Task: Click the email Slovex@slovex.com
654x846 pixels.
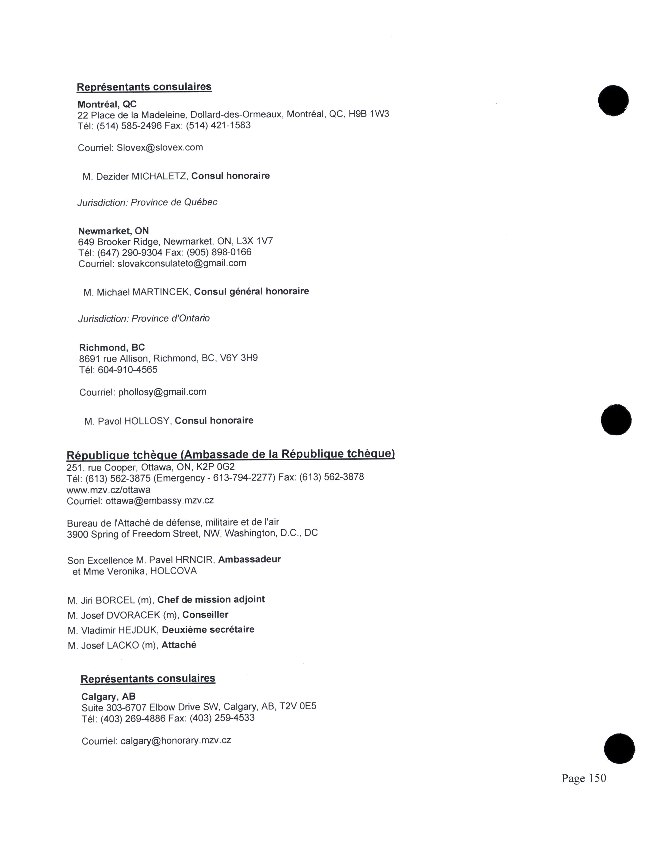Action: coord(160,148)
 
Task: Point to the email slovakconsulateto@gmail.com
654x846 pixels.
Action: coord(182,263)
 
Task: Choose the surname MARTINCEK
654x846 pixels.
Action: coord(161,292)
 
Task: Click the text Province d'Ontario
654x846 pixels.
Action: coord(171,318)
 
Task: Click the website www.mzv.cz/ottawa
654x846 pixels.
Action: coord(108,490)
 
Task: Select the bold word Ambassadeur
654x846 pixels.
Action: coord(250,559)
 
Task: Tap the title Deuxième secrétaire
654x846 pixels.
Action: coord(208,629)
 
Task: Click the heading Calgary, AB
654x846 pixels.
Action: coord(108,697)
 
